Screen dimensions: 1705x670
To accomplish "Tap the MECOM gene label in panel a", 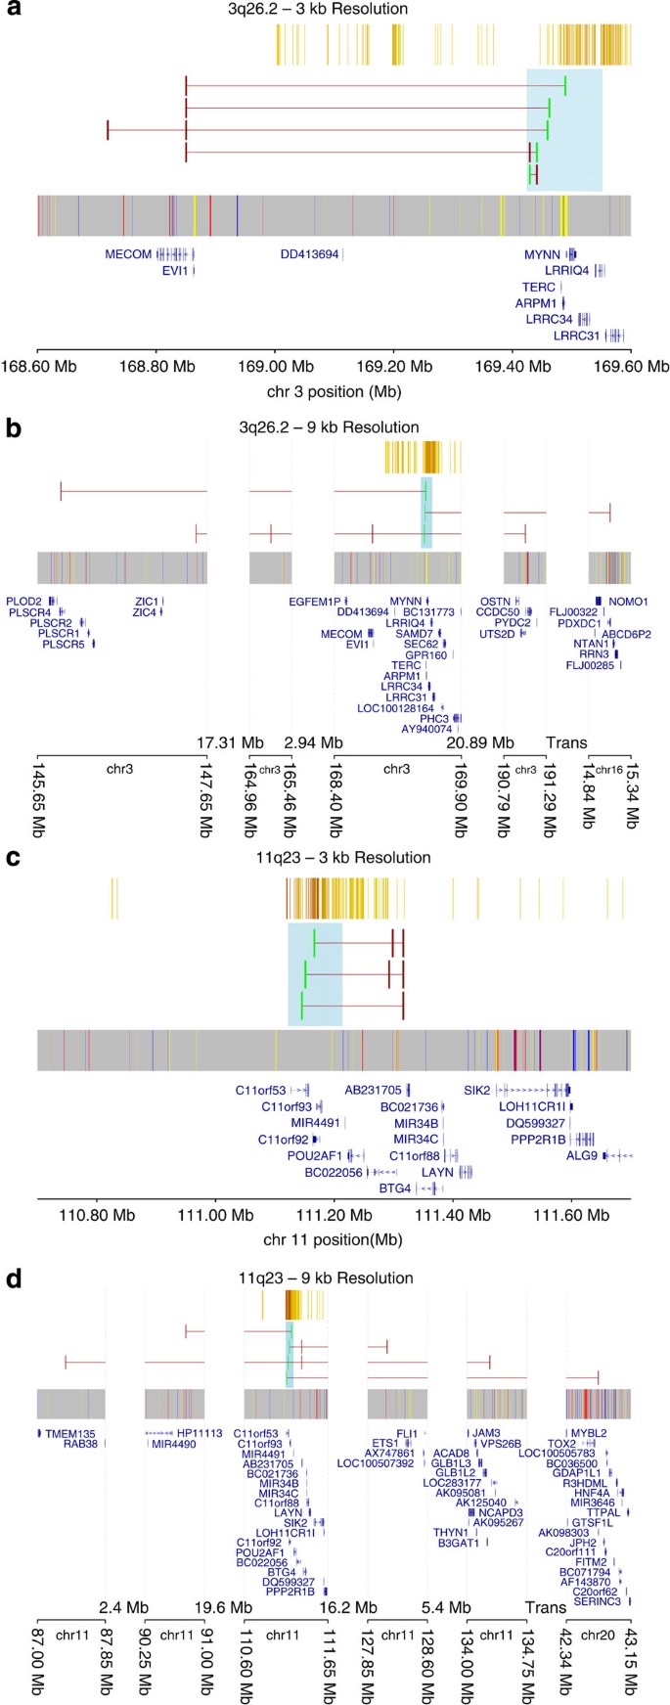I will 128,254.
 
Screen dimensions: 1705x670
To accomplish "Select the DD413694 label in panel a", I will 309,254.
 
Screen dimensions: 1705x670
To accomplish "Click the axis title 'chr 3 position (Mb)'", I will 334,391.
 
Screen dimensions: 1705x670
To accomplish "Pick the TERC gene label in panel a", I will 538,288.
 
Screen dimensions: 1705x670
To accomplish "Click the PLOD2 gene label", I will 23,601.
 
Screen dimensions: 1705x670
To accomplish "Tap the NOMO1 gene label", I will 628,601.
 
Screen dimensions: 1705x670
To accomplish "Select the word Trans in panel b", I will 566,742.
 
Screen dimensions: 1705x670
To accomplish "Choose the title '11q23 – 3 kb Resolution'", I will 335,858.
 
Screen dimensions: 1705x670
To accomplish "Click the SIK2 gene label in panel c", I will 477,1090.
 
